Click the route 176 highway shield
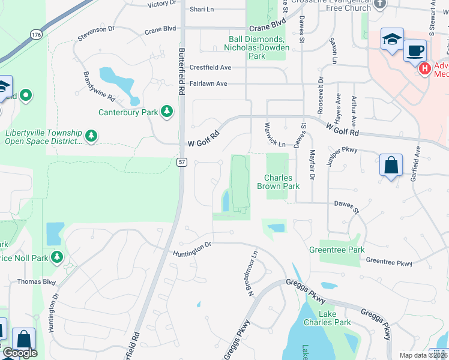(37, 35)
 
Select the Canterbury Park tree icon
(166, 112)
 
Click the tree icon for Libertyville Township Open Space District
(91, 136)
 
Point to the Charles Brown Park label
(279, 182)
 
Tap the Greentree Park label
(337, 250)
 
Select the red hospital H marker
(425, 70)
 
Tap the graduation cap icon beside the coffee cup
(391, 40)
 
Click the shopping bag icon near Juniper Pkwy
(391, 164)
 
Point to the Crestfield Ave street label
(210, 68)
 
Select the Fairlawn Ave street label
(208, 83)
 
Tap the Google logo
(20, 353)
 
